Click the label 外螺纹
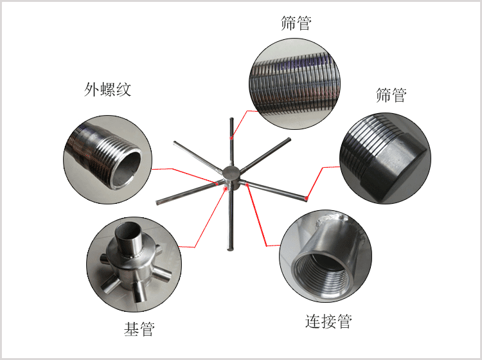[x=107, y=89]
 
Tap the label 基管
[x=139, y=329]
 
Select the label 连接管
[x=328, y=321]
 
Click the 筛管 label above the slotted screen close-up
[x=296, y=23]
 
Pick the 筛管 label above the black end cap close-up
[x=391, y=95]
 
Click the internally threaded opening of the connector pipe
[x=319, y=271]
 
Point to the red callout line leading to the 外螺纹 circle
[x=184, y=175]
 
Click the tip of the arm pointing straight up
[x=231, y=119]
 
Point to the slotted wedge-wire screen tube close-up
[x=294, y=84]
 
